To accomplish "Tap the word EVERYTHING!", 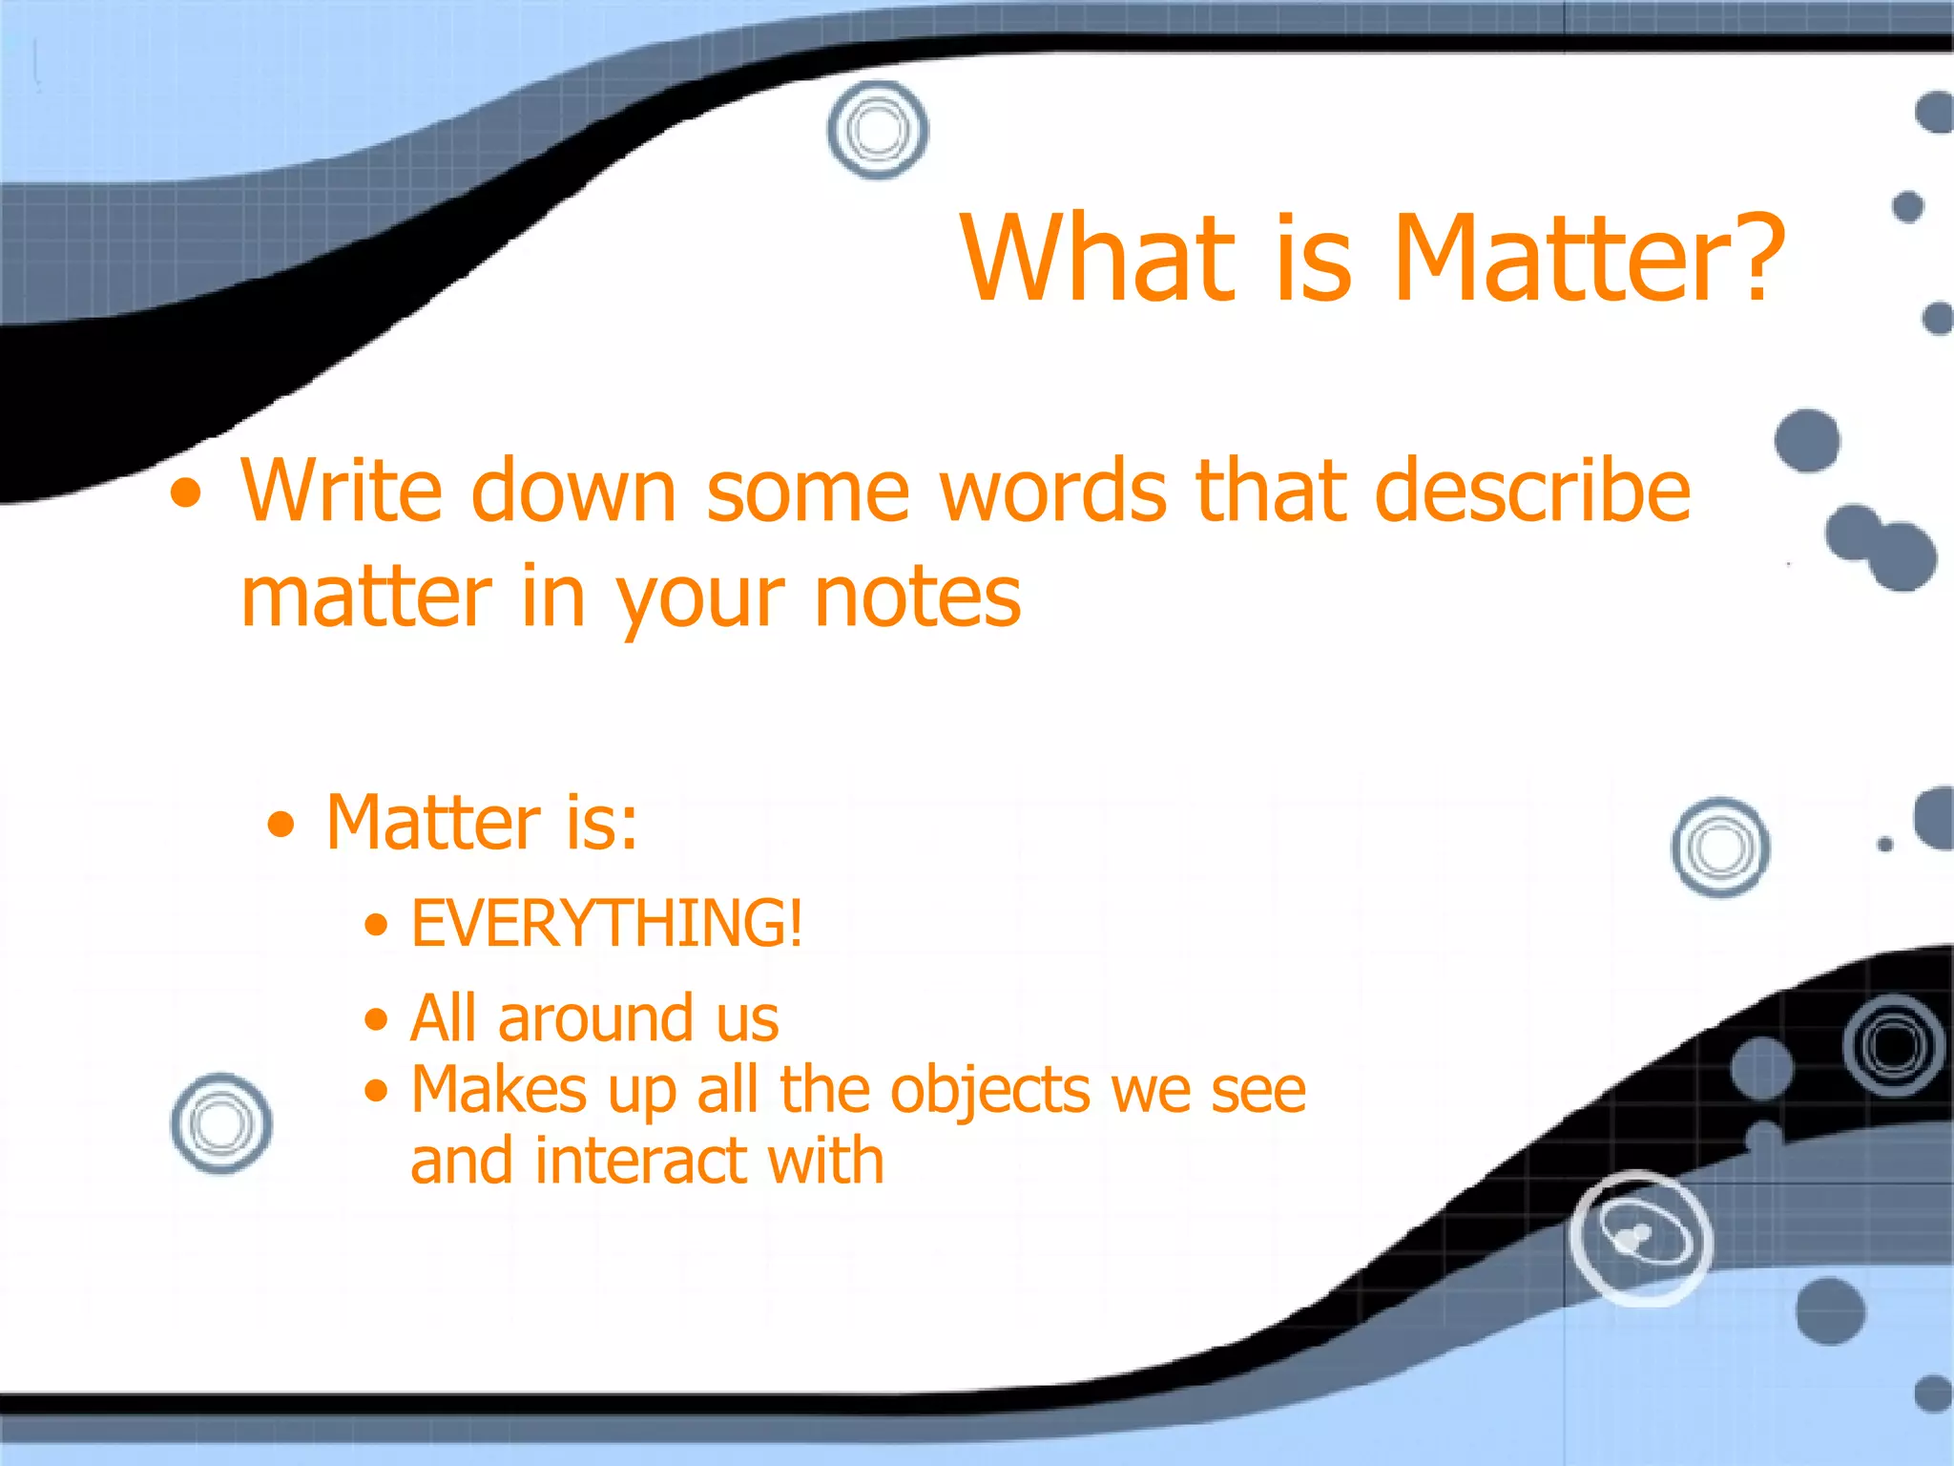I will tap(607, 923).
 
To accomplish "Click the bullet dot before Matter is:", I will tap(281, 824).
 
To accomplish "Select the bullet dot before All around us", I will tap(377, 1019).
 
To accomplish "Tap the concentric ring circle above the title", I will tap(878, 130).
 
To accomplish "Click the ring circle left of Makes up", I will tap(221, 1123).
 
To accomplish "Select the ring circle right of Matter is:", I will tap(1720, 848).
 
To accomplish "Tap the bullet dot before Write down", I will tap(186, 493).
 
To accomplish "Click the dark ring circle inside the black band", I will tap(1893, 1045).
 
